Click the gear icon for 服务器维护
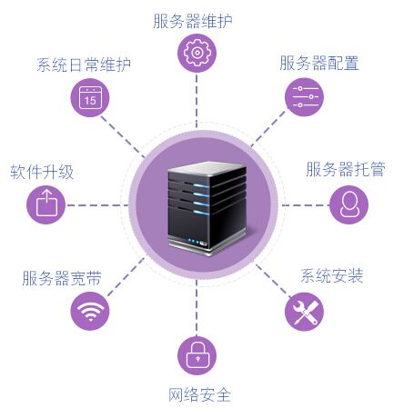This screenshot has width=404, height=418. coord(197,53)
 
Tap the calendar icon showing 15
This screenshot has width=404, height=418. coord(90,97)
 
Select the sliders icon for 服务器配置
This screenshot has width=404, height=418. coord(304,97)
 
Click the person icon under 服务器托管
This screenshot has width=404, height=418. coord(349,204)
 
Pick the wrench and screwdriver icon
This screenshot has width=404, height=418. coord(304,312)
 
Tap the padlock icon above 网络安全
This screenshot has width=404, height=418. coord(197,355)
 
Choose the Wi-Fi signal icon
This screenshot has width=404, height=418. coord(90,311)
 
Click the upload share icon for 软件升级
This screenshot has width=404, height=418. coord(46,204)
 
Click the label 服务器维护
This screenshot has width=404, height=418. coord(193,21)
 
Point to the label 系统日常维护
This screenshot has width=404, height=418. coord(84,65)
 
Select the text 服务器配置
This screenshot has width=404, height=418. coord(319,63)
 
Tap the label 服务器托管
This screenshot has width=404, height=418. coord(346,169)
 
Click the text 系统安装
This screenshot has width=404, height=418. coord(331,275)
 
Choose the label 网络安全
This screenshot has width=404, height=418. coord(199,394)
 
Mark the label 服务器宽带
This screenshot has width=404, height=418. coord(62,278)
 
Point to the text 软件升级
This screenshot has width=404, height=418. coord(42,172)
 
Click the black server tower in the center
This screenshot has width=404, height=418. coord(207,208)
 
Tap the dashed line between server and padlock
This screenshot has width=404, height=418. coord(197,308)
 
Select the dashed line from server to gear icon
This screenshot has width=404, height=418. coord(197,101)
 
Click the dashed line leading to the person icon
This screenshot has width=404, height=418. coord(306,205)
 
